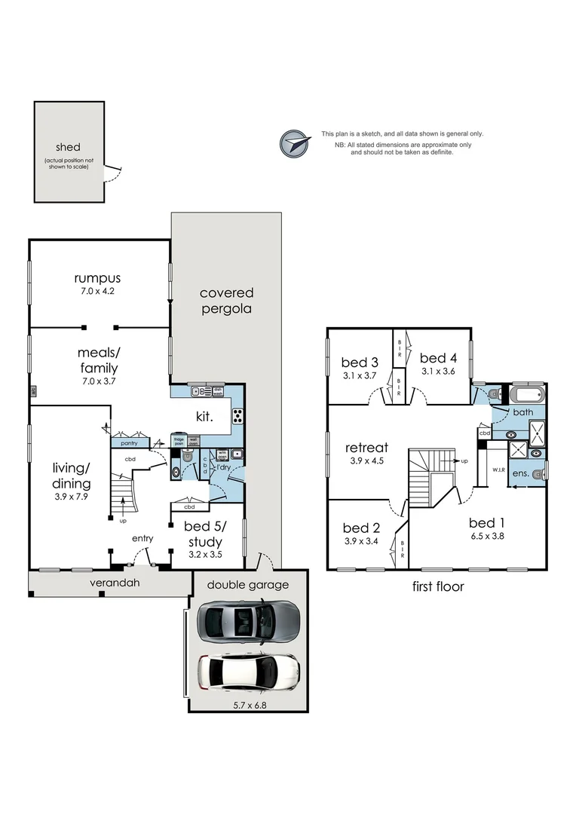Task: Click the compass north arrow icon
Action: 296,143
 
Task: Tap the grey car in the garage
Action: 248,622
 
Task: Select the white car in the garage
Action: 248,673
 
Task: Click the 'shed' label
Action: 68,147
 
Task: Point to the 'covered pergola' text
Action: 226,300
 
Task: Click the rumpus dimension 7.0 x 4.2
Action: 99,290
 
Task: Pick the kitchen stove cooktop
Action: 237,415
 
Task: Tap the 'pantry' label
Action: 129,445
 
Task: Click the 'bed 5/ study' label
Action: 204,534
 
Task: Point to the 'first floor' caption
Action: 437,586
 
